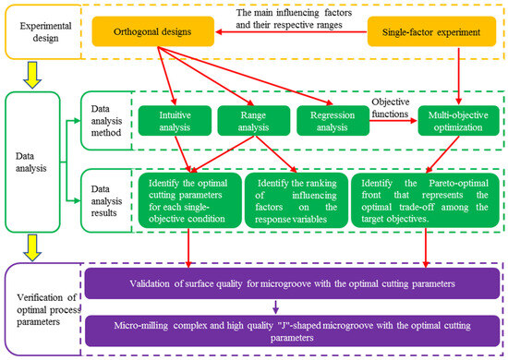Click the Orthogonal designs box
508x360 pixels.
(x=153, y=31)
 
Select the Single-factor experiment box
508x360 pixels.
(x=431, y=31)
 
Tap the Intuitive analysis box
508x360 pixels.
(x=175, y=121)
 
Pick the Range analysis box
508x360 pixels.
(x=254, y=121)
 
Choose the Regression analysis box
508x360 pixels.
(x=333, y=121)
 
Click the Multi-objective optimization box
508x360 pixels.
(x=458, y=121)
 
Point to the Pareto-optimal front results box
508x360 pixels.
(x=425, y=200)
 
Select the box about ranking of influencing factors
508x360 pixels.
(x=296, y=200)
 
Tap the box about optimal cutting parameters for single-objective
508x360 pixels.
(x=190, y=200)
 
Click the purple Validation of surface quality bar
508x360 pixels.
(x=292, y=283)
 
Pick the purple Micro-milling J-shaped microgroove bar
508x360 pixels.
(x=292, y=330)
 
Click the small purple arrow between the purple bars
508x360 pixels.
(x=276, y=307)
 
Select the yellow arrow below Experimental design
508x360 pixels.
(x=32, y=75)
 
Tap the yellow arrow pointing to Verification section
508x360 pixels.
(x=32, y=248)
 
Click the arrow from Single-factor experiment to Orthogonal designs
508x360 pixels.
(x=291, y=31)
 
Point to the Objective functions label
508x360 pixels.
(x=391, y=108)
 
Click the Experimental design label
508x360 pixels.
(x=45, y=31)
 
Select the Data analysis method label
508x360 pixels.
(x=106, y=121)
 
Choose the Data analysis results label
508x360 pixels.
(x=106, y=200)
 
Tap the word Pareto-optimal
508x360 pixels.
(x=458, y=184)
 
